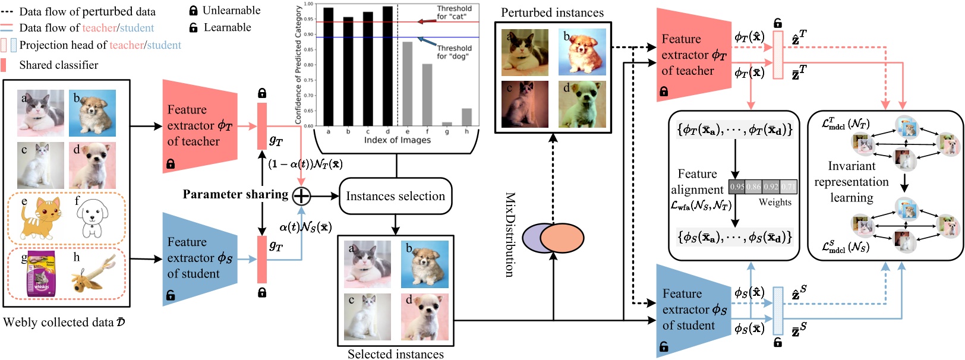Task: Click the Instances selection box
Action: click(x=395, y=197)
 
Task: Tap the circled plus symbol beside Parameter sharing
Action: click(x=302, y=195)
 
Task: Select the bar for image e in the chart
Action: click(x=407, y=83)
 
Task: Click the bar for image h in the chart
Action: click(x=466, y=117)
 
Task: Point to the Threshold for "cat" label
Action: click(x=454, y=12)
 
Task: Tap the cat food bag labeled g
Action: click(x=42, y=274)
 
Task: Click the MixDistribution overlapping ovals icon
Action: click(x=553, y=238)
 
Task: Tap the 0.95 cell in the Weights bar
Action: click(x=737, y=187)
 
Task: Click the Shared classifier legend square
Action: click(x=4, y=65)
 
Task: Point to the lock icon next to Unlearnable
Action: click(x=193, y=11)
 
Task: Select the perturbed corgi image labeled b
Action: click(x=582, y=52)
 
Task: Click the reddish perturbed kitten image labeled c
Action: click(x=525, y=105)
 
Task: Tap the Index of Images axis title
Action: click(x=397, y=140)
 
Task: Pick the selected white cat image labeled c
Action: click(x=367, y=317)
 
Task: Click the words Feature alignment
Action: click(x=697, y=182)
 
